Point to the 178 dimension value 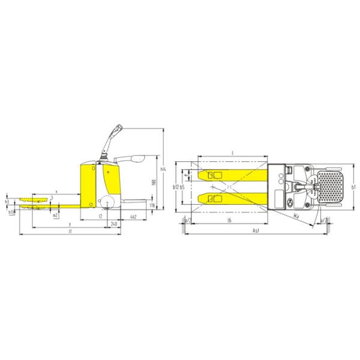(152, 206)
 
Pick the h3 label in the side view (7, 203)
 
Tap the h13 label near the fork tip (11, 212)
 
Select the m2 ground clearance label (55, 215)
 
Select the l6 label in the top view (230, 221)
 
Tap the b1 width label (354, 187)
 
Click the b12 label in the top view (175, 187)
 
